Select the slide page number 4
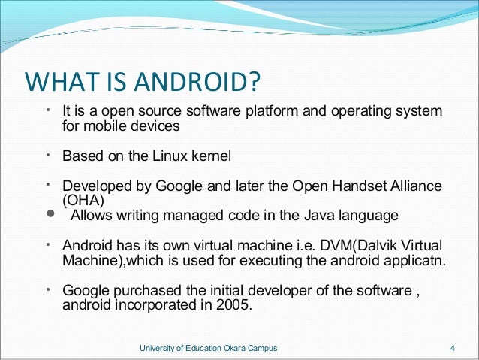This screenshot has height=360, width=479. (452, 347)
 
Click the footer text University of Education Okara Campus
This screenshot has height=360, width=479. (209, 347)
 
